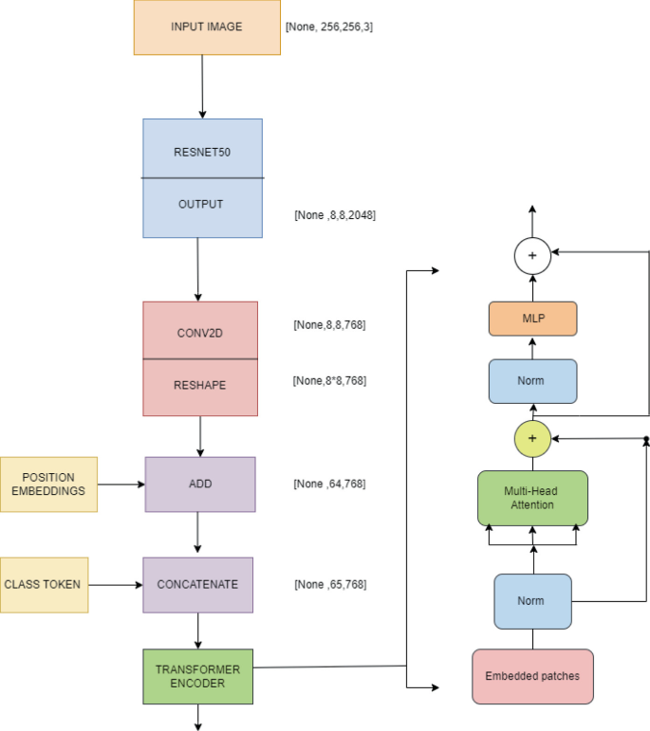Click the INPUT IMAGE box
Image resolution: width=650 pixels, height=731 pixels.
[x=206, y=27]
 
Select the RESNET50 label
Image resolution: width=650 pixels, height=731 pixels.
[x=201, y=151]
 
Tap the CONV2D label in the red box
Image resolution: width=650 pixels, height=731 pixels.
[x=199, y=333]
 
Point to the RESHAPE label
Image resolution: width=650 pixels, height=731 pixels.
[x=199, y=386]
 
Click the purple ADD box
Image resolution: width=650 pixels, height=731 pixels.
[x=200, y=484]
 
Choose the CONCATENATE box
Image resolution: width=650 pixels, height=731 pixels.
[x=198, y=584]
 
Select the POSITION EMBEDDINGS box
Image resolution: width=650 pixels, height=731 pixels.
[x=48, y=484]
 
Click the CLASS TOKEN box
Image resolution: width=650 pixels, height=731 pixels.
[x=44, y=584]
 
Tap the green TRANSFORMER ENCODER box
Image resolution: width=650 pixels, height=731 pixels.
[x=198, y=676]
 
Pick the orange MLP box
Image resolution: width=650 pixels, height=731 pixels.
[x=532, y=320]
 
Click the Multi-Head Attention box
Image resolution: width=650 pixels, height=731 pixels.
[x=532, y=498]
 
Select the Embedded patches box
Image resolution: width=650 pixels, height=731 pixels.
[x=532, y=676]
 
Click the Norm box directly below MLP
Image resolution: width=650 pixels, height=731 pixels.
[x=532, y=382]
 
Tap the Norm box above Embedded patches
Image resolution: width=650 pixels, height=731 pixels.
[x=532, y=601]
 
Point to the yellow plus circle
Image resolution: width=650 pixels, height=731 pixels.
[x=532, y=438]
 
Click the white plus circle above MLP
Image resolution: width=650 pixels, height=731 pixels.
[x=532, y=256]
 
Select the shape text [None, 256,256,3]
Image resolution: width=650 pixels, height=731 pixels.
[x=329, y=27]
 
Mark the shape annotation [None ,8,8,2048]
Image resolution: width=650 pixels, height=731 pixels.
[x=335, y=215]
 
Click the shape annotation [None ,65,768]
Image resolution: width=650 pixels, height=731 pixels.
[x=330, y=584]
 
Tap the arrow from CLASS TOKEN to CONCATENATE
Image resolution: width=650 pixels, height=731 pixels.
[x=115, y=584]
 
